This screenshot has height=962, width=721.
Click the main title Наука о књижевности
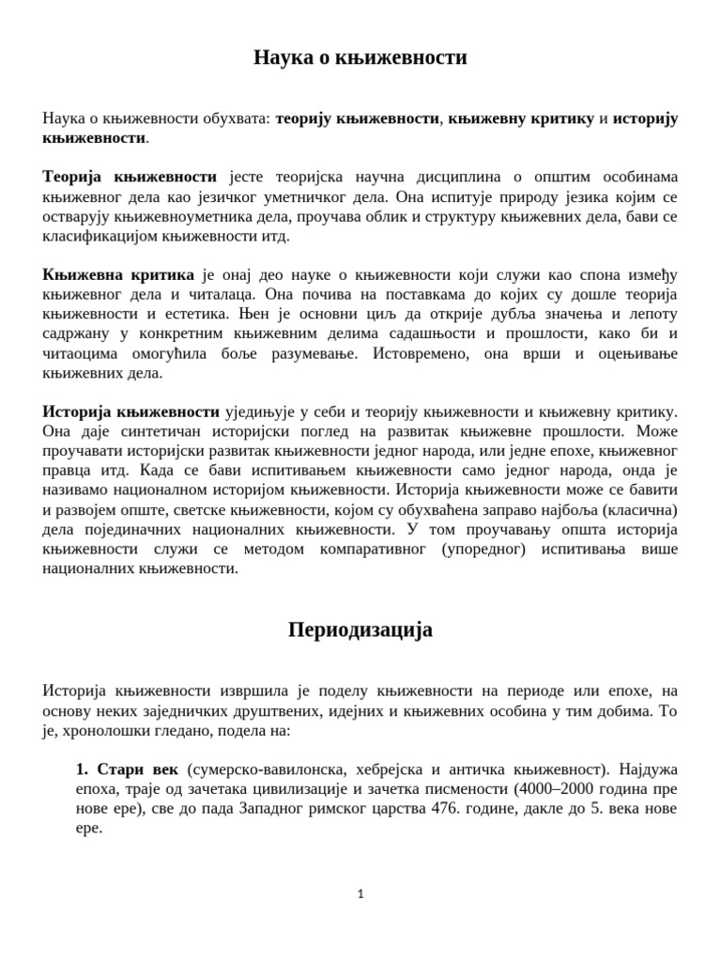pos(360,58)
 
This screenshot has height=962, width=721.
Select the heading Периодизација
pos(360,629)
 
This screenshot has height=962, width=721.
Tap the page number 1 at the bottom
pos(360,894)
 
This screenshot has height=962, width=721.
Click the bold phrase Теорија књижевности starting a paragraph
pos(130,177)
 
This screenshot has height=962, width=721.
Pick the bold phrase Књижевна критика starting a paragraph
pos(118,274)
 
